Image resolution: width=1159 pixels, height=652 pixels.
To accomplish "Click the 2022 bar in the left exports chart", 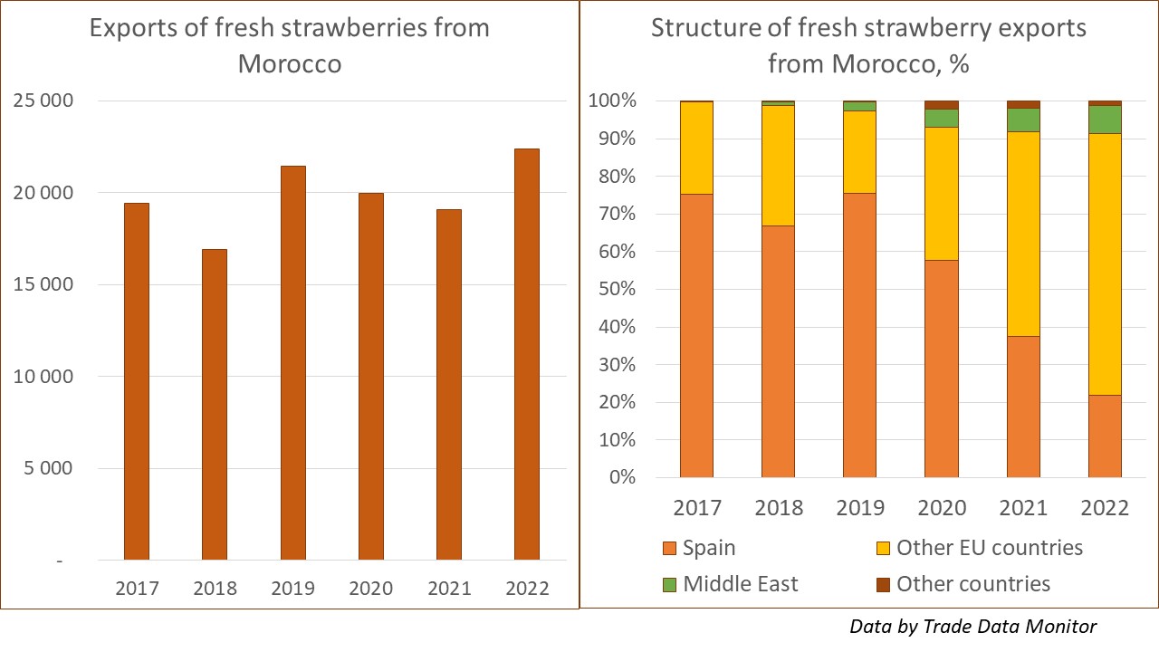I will (x=526, y=354).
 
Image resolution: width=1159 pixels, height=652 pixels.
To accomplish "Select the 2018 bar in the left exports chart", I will (x=214, y=405).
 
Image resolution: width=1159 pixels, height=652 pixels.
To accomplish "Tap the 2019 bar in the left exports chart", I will (x=292, y=363).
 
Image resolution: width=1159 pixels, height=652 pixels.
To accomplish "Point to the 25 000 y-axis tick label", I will (x=44, y=101).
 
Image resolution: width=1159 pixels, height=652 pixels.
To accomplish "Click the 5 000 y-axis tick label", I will (x=44, y=469).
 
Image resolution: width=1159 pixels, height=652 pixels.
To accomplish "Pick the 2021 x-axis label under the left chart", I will (x=449, y=589).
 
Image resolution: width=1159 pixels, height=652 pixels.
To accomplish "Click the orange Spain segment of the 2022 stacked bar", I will (x=1105, y=436).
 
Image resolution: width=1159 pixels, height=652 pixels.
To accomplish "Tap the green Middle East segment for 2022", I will (x=1105, y=120).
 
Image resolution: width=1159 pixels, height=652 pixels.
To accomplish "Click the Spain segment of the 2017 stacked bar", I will (x=696, y=336).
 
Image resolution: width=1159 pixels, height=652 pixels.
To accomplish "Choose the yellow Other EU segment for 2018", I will (x=778, y=166).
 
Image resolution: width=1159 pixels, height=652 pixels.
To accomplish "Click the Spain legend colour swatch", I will (x=671, y=548).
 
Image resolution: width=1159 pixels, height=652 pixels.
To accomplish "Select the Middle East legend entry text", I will (x=741, y=584).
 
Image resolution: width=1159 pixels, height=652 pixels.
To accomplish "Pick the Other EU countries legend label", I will (x=990, y=548).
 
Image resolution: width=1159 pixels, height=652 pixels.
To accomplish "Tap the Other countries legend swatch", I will (x=885, y=584).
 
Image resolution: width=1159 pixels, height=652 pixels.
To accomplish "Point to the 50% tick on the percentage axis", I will (x=613, y=290).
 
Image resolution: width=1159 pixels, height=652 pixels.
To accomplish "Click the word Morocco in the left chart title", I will (x=290, y=64).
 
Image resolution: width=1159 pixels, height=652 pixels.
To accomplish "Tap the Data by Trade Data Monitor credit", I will (x=973, y=626).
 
